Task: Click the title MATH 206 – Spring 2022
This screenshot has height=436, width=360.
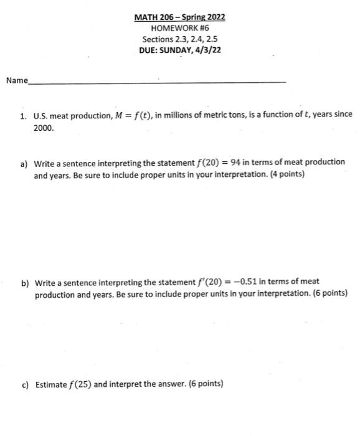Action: point(179,17)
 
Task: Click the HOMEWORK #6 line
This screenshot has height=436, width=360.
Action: point(179,28)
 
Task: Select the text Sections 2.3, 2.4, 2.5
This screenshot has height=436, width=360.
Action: point(179,39)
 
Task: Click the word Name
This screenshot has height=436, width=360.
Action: point(17,80)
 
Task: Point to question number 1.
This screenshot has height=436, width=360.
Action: point(22,115)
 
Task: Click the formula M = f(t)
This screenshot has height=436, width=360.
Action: point(157,115)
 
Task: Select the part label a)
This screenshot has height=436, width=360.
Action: point(24,163)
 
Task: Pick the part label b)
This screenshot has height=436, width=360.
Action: point(26,283)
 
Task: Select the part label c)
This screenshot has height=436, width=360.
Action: point(25,384)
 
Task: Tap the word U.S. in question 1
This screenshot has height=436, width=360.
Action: point(40,115)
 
